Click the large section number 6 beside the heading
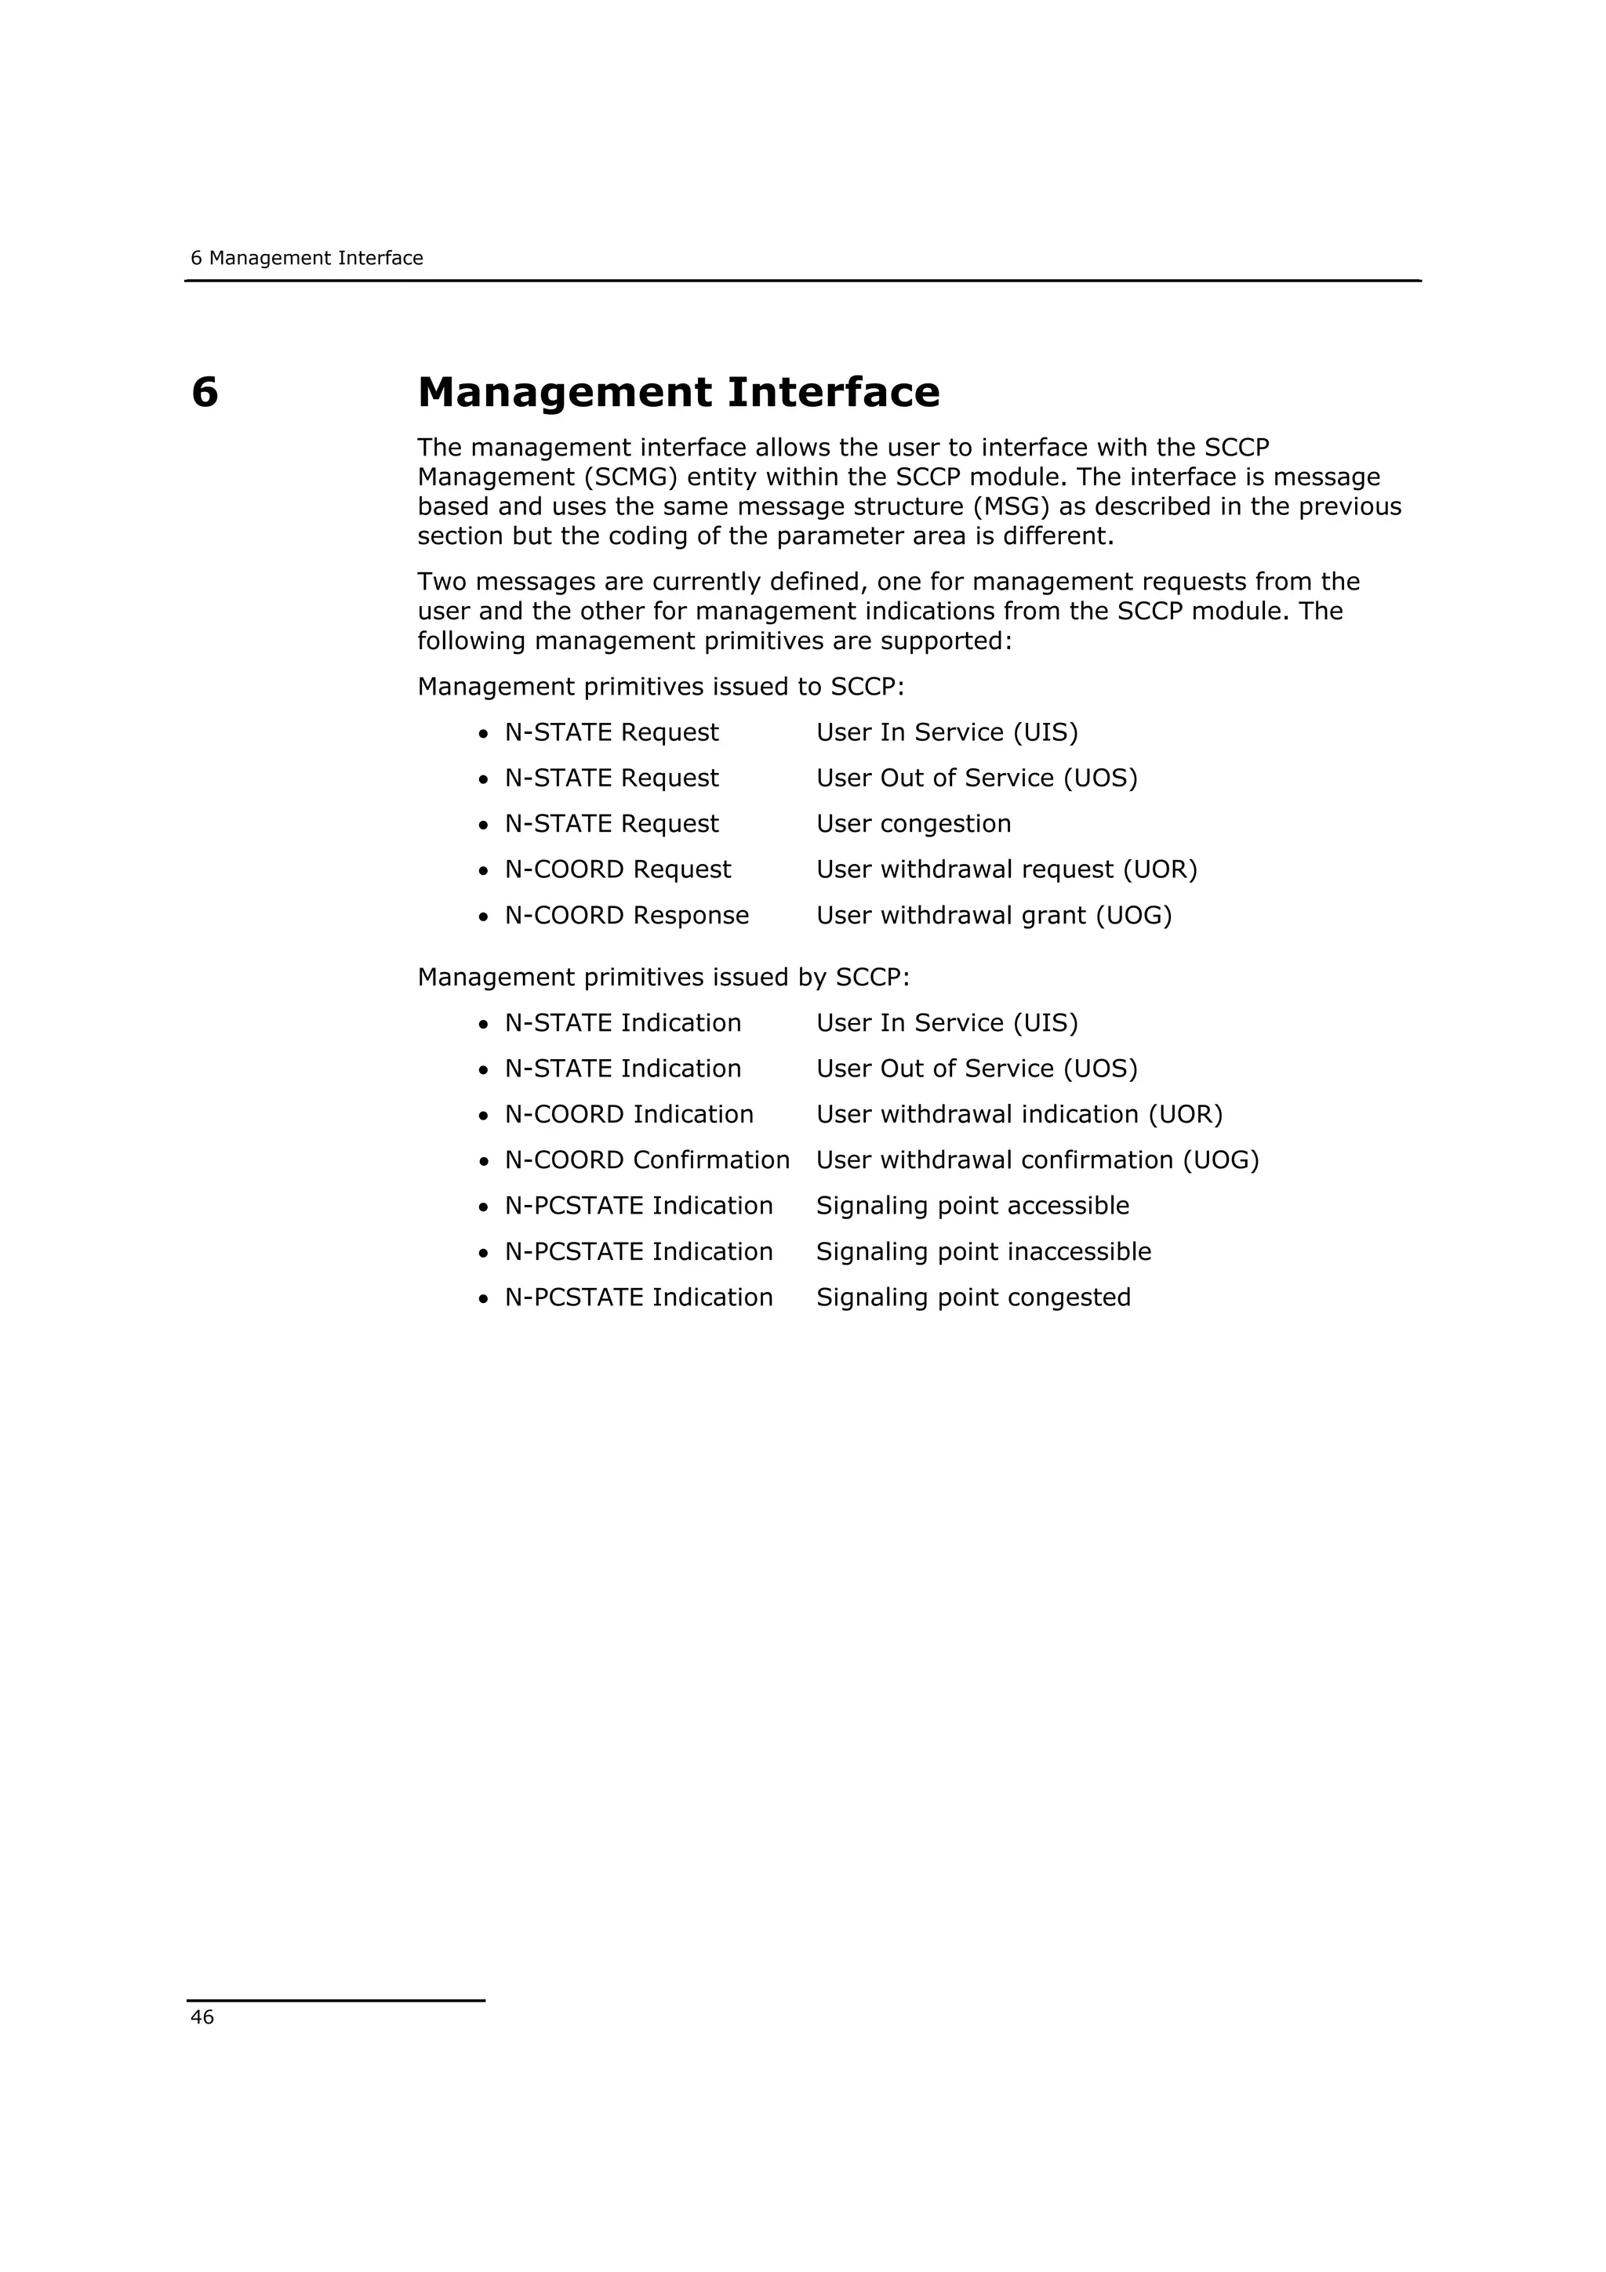(205, 393)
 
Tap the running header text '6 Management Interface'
(307, 258)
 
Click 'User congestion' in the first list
(914, 823)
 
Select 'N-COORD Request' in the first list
(617, 869)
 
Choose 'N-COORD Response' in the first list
(627, 916)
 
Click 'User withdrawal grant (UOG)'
(994, 916)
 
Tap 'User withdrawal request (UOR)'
(1006, 869)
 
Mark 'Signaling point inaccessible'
(983, 1252)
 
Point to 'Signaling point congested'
(972, 1298)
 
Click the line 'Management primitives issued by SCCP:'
(663, 978)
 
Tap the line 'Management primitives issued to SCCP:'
(661, 687)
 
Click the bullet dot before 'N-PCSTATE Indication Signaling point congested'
(483, 1299)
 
